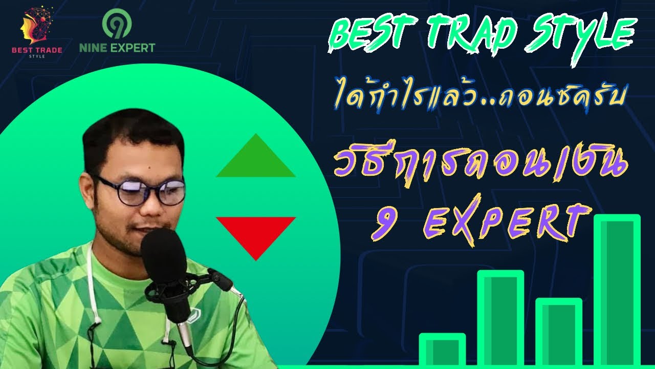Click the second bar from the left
[500, 318]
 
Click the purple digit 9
[382, 224]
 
